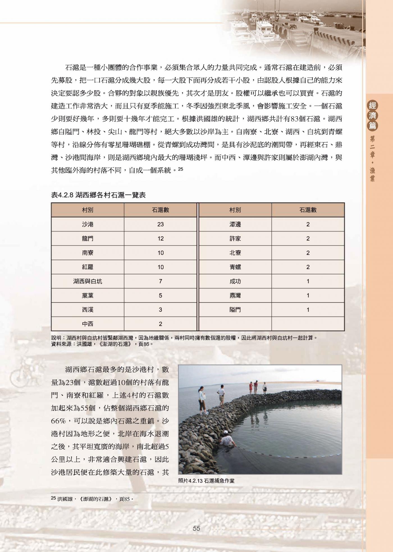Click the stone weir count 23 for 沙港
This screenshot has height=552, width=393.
(x=160, y=224)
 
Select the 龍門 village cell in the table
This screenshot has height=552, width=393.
(x=88, y=238)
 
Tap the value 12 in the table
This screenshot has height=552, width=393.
(x=160, y=238)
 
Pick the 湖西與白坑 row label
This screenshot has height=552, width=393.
(x=88, y=281)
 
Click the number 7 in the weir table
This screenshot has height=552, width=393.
(x=160, y=281)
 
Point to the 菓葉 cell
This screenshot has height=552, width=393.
(x=88, y=296)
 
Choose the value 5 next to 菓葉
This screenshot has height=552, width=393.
(x=160, y=296)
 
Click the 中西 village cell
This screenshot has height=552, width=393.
(x=88, y=324)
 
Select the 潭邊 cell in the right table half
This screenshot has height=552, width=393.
(x=235, y=224)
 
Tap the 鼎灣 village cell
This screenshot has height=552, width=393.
(x=235, y=296)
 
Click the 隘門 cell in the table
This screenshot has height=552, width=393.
(x=235, y=310)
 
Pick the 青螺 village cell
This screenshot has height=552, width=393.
(x=235, y=267)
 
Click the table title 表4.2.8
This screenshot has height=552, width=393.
(x=98, y=195)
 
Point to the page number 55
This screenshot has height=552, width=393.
(x=196, y=528)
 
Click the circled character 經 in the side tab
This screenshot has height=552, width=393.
(x=373, y=106)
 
